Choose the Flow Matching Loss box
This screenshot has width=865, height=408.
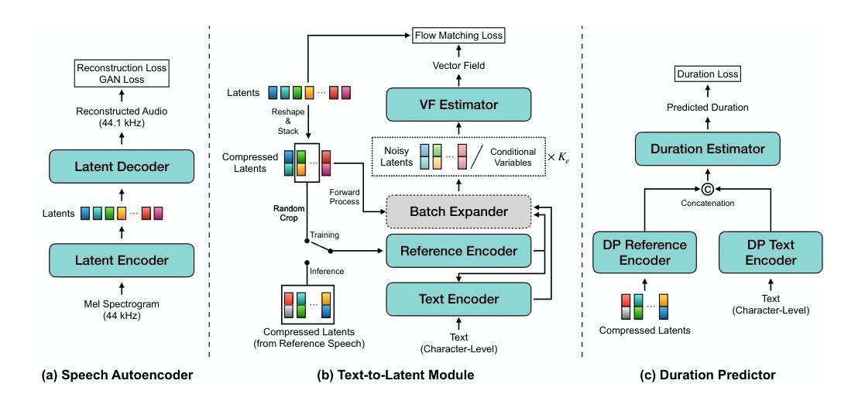(x=459, y=35)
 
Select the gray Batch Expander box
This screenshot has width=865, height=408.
(x=458, y=211)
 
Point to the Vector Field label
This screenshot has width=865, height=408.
(x=459, y=67)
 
